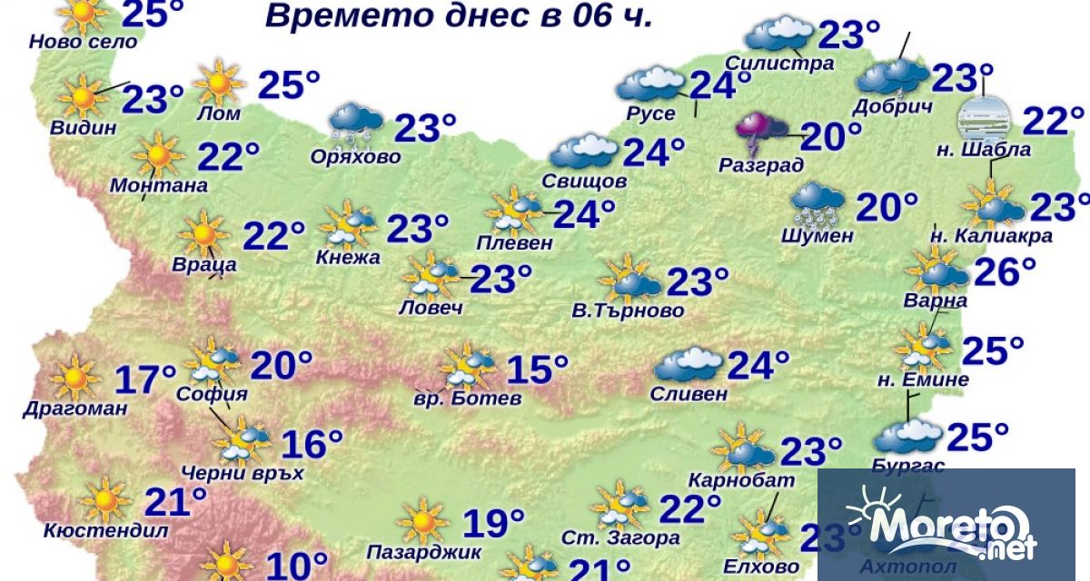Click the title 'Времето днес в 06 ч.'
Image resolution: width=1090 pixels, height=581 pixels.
click(459, 16)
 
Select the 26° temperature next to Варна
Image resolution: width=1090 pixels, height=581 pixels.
click(1005, 271)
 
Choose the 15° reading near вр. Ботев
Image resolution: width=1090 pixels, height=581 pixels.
click(537, 369)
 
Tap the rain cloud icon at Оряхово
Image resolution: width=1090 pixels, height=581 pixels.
click(355, 123)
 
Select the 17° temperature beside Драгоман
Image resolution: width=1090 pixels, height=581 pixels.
click(145, 379)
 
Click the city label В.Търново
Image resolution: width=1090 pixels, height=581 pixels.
click(628, 311)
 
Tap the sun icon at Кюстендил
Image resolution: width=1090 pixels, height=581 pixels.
click(105, 501)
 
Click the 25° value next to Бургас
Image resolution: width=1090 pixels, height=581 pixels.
click(977, 438)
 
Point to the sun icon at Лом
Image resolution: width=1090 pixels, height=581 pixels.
click(218, 83)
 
